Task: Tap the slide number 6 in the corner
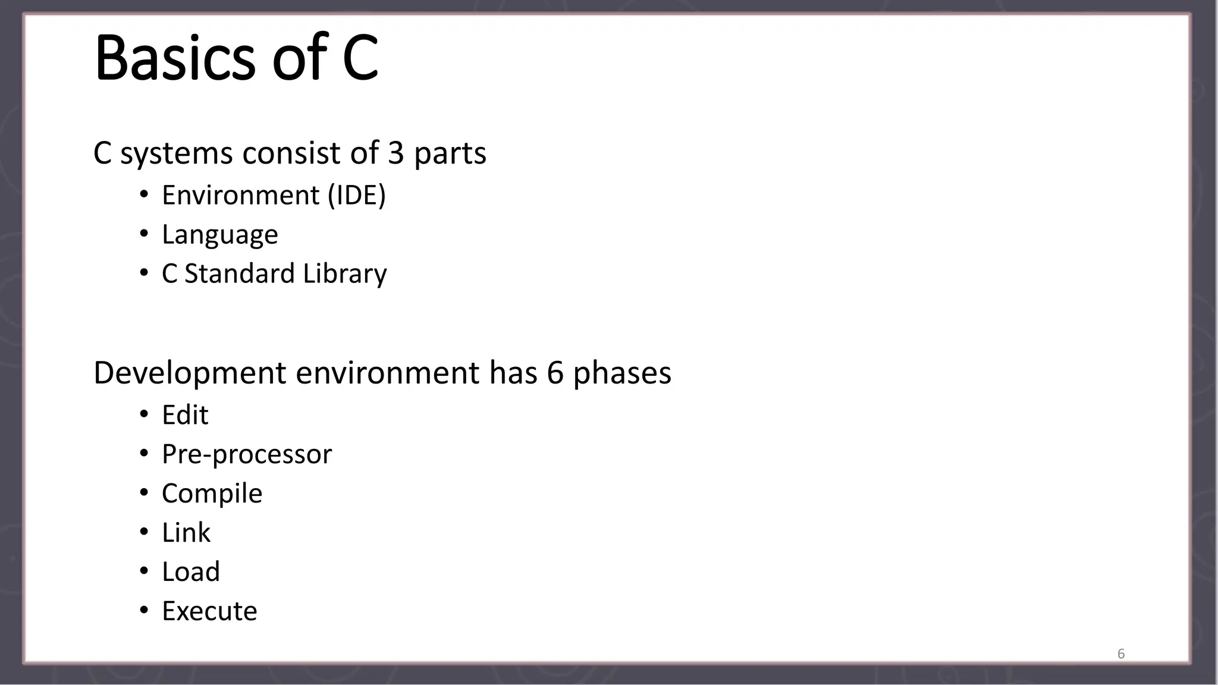pos(1121,654)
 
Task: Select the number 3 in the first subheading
pos(396,153)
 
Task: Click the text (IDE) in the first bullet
pos(357,196)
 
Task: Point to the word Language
pos(220,235)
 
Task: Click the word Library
pos(345,274)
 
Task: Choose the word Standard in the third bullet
pos(240,274)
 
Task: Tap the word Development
pos(190,373)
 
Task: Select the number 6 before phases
pos(554,373)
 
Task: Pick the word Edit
pos(185,415)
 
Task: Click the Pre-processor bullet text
pos(247,455)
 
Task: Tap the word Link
pos(186,533)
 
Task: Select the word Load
pos(191,572)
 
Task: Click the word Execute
pos(209,611)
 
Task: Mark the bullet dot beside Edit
pos(144,414)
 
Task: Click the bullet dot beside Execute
pos(144,611)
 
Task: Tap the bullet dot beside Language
pos(144,234)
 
